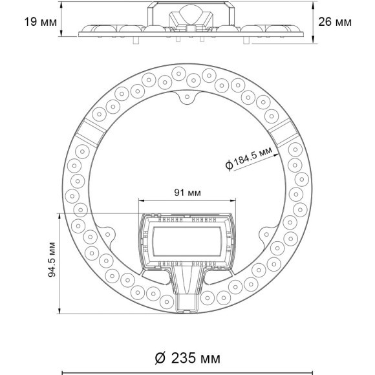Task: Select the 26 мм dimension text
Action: [336, 22]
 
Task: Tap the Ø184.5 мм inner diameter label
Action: [250, 157]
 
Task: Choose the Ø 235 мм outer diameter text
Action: [187, 358]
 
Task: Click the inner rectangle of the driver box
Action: [187, 241]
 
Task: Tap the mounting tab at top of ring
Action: [187, 98]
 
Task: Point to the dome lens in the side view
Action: [187, 14]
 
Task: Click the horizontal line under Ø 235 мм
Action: [187, 372]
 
